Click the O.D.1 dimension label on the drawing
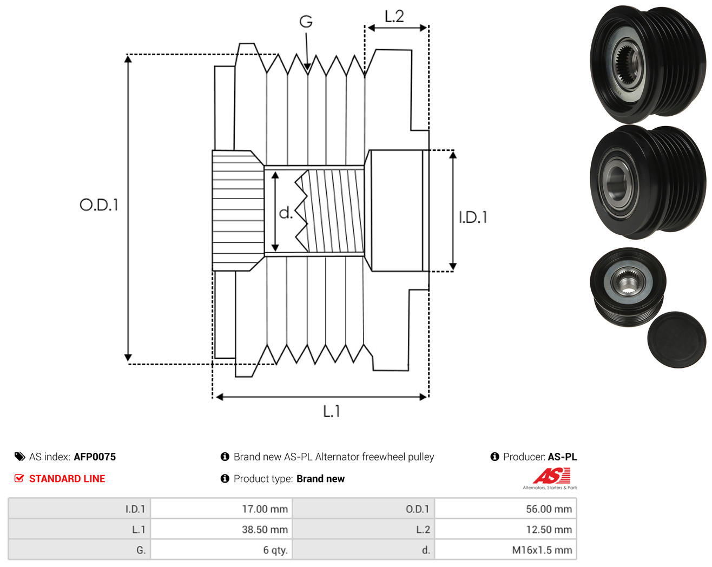coord(99,205)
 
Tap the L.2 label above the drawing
coord(394,16)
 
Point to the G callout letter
coord(306,22)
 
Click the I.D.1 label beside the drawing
coord(473,217)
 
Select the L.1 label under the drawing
coord(332,411)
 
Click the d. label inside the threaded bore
coord(286,213)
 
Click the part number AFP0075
coord(95,457)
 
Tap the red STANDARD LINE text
coord(67,479)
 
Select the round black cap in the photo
coord(677,340)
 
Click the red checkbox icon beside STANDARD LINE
coord(19,478)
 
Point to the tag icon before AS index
coord(20,457)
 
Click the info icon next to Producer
coord(495,457)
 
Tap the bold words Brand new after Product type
coord(321,479)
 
